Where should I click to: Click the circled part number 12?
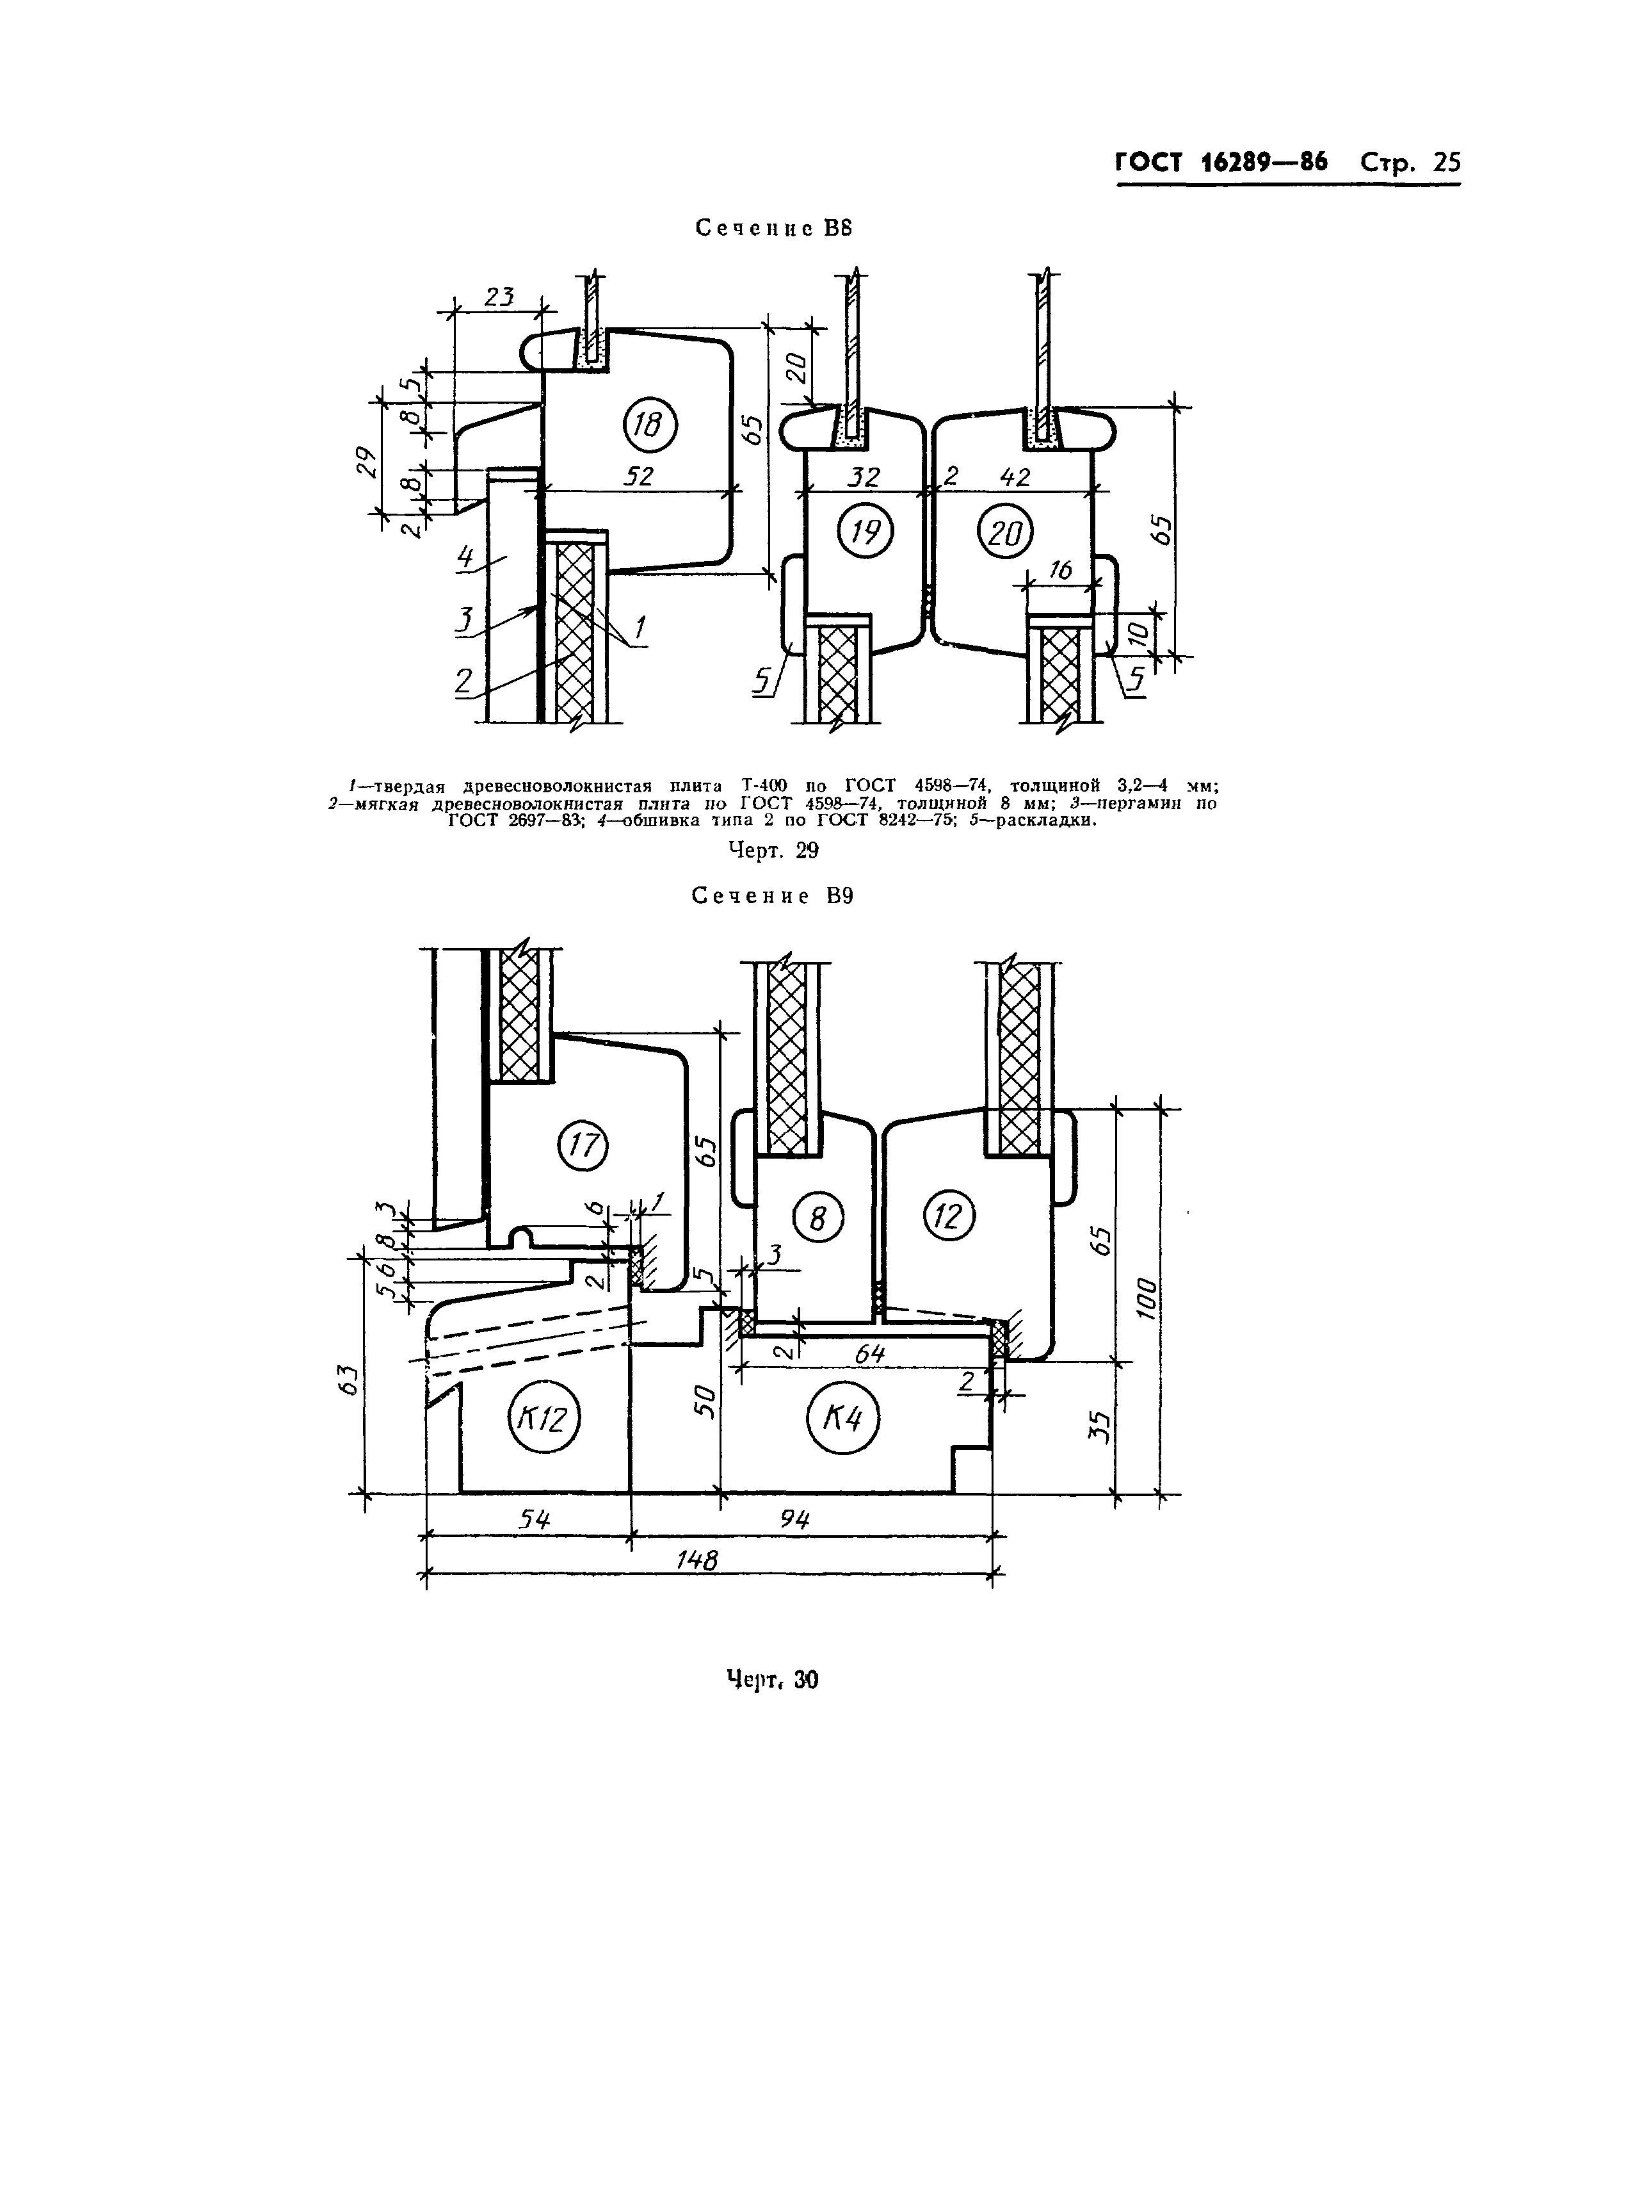[949, 1217]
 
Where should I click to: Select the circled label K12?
[543, 1420]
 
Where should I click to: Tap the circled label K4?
[842, 1419]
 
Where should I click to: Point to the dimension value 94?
[794, 1519]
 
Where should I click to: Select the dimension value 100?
[1145, 1298]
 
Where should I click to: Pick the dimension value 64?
[869, 1355]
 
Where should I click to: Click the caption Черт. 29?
[773, 850]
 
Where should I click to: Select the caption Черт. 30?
[773, 1679]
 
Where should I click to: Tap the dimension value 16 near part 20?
[1060, 570]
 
